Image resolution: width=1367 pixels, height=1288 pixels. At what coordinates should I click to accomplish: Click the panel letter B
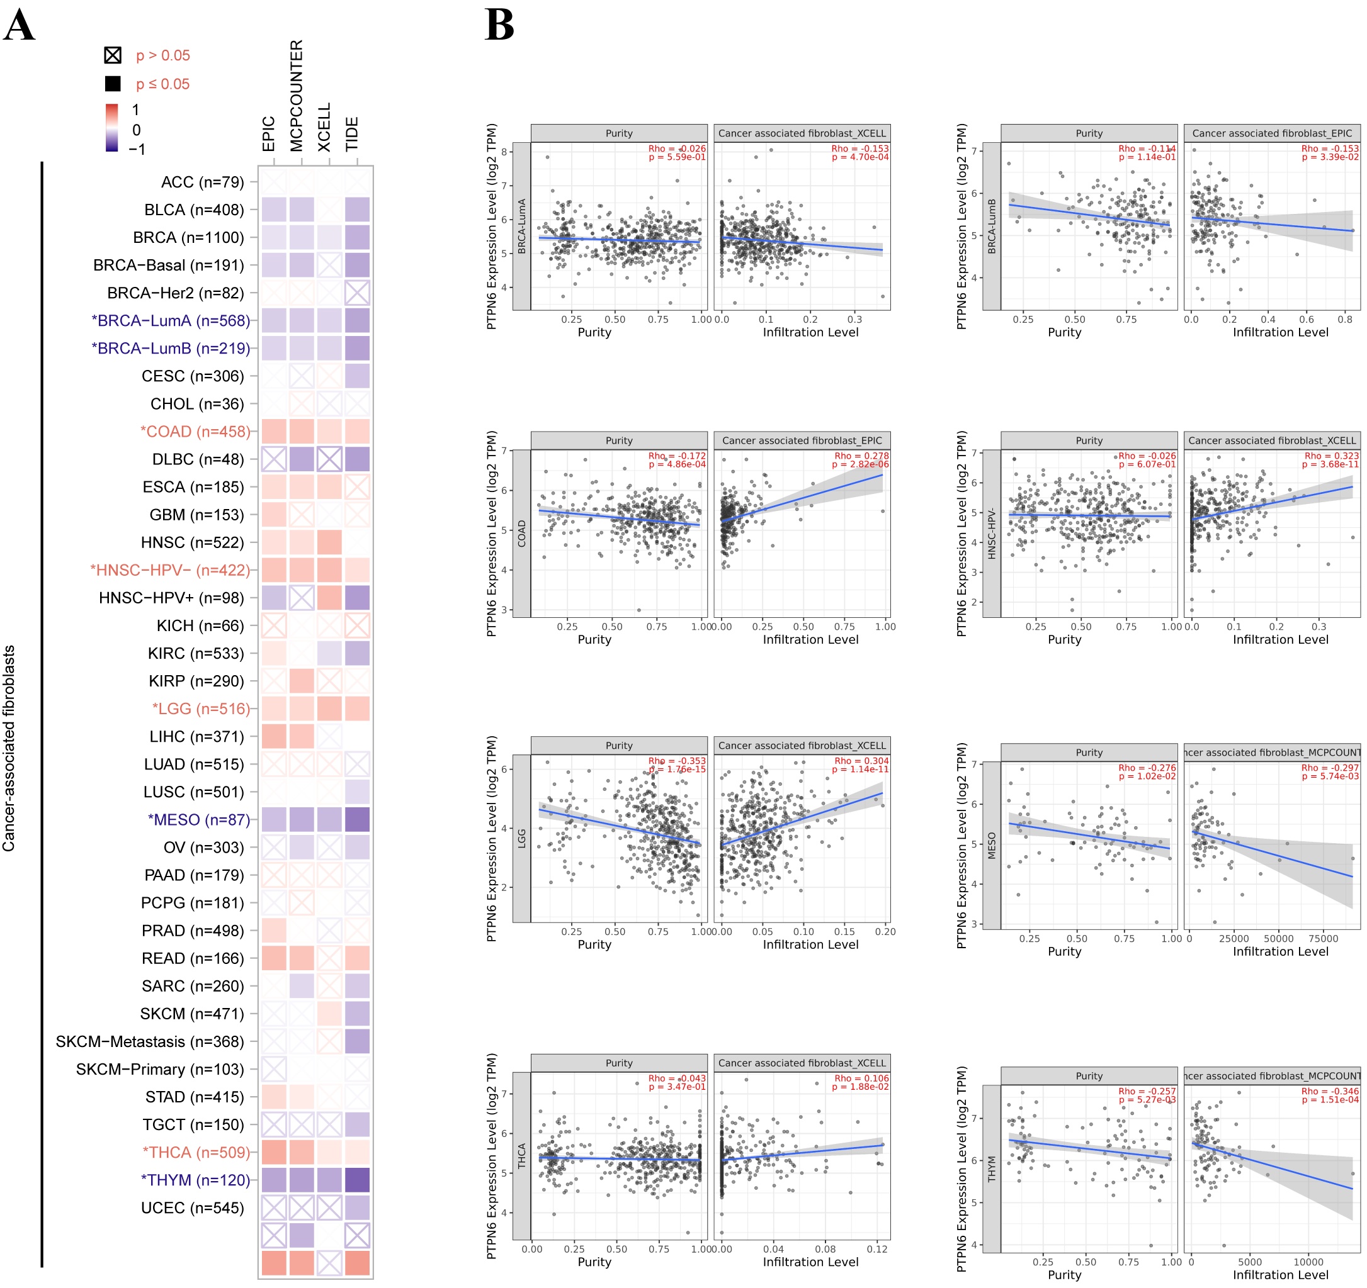point(499,26)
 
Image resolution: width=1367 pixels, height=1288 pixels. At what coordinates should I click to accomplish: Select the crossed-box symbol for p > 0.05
point(113,55)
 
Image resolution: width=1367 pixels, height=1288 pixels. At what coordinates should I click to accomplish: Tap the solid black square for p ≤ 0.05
point(113,84)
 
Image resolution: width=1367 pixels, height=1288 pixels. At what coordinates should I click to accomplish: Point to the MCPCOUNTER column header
point(297,96)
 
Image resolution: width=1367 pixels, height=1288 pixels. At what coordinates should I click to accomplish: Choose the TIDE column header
point(352,134)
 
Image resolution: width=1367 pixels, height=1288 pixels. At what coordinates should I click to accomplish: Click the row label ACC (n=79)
point(202,182)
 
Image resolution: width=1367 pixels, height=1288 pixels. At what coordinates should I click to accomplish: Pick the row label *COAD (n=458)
point(195,432)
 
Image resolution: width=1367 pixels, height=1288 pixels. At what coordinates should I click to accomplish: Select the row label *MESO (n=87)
point(199,820)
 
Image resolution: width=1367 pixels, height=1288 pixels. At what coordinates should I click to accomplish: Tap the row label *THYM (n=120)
point(195,1180)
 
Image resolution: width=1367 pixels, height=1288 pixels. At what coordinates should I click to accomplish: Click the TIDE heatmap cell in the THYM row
point(357,1180)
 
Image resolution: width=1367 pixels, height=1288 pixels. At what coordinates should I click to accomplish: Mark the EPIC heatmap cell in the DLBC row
point(274,459)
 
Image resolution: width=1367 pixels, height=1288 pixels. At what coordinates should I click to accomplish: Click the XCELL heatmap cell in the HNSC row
point(329,542)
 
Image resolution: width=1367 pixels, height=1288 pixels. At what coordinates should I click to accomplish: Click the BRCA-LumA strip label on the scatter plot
point(522,226)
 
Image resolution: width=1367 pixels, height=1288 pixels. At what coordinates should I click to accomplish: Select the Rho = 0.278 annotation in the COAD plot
point(861,456)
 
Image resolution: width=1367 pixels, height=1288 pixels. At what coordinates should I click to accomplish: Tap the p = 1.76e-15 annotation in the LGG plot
point(677,769)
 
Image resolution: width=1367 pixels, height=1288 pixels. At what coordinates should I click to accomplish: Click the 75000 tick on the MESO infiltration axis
point(1323,939)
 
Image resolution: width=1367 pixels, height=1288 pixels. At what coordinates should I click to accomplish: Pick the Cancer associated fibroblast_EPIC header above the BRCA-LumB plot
point(1271,133)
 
